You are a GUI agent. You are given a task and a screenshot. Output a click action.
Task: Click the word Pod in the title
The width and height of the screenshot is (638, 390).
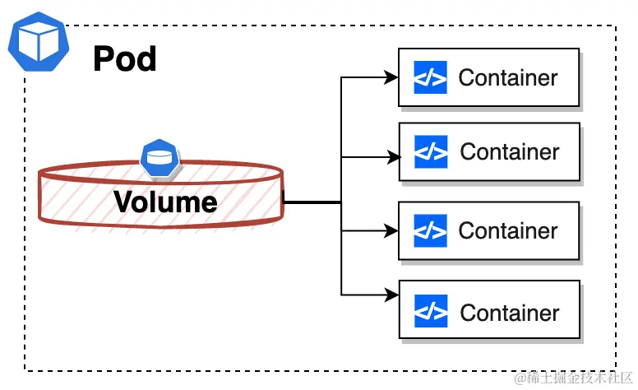point(125,58)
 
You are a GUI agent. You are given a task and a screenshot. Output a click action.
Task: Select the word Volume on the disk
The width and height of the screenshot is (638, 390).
point(165,202)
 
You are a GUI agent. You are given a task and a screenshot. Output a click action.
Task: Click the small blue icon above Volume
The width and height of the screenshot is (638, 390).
point(159,157)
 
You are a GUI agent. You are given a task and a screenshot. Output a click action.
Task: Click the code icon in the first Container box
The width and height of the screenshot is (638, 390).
point(431,77)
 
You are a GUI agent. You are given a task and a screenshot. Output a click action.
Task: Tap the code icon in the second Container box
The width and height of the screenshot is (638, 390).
point(431,152)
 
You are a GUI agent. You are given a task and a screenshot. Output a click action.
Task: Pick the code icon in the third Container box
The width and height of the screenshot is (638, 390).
point(431,230)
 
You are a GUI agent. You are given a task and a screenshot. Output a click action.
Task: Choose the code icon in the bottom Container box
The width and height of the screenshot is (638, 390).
point(431,313)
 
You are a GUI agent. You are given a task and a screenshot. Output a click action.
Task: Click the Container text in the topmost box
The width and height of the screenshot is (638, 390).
point(508,77)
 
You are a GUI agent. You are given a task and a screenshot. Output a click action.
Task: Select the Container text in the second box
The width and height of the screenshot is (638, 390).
point(510,152)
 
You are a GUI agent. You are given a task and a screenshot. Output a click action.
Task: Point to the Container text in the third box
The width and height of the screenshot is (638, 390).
point(508,230)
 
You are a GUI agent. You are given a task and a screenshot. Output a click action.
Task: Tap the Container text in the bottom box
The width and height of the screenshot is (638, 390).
point(510,313)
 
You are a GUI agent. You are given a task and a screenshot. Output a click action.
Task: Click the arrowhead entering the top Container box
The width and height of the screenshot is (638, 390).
point(392,78)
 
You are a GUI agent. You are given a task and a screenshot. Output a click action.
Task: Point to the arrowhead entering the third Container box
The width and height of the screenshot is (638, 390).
point(392,231)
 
